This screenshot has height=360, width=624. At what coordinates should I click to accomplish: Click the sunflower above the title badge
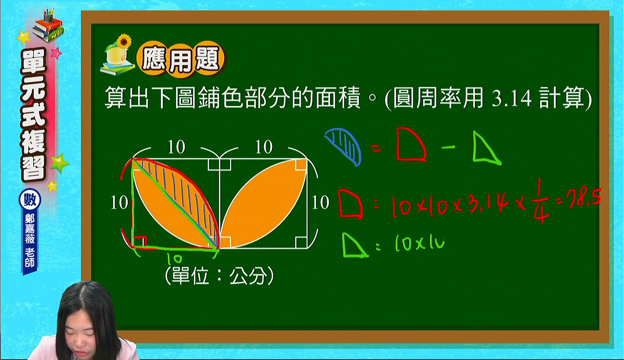(x=123, y=41)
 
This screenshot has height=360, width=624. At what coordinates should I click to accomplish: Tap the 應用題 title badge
(x=181, y=60)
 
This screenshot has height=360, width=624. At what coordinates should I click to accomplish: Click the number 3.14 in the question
(x=511, y=99)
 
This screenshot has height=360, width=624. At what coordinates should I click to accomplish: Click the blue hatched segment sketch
(x=344, y=146)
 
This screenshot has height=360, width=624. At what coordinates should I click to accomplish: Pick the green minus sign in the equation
(x=448, y=147)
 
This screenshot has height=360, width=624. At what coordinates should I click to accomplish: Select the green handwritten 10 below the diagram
(x=174, y=259)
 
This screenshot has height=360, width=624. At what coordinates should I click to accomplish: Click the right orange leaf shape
(x=264, y=203)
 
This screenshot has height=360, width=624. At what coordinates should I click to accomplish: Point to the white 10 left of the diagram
(x=119, y=202)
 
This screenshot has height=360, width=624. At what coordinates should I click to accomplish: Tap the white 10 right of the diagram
(x=320, y=202)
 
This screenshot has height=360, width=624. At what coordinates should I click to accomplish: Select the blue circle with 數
(x=30, y=200)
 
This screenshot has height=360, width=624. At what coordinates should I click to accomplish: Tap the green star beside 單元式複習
(x=59, y=163)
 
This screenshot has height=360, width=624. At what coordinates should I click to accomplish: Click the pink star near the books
(x=57, y=53)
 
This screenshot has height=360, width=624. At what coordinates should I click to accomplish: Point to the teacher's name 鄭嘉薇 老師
(x=30, y=240)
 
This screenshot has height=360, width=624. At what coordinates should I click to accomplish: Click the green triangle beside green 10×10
(x=354, y=246)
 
